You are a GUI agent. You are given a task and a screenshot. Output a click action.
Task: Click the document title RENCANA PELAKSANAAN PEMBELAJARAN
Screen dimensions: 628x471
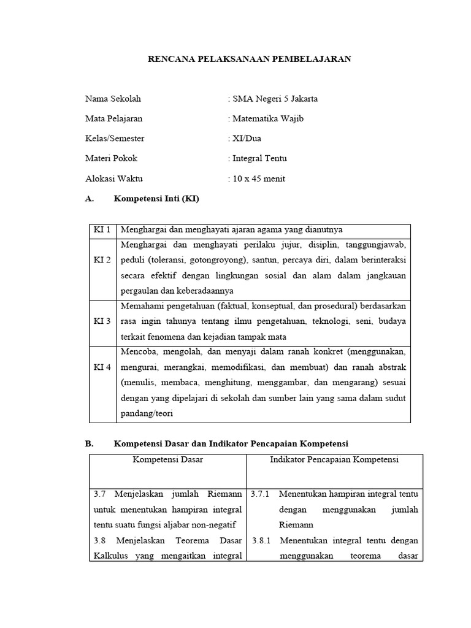coord(250,59)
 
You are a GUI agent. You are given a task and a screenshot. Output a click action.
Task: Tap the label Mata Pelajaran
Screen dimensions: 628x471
coord(113,118)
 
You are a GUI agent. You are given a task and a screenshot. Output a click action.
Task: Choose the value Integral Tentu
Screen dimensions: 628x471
coord(259,158)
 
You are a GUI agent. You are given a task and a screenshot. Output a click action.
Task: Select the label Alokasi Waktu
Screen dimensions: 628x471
coord(113,178)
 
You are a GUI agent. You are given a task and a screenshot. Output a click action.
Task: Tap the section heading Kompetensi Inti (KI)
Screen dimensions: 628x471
coord(156,199)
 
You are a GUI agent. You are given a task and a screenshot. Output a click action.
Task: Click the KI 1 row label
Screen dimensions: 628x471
coord(102,229)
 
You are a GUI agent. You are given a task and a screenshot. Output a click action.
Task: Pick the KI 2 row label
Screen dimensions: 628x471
coord(102,260)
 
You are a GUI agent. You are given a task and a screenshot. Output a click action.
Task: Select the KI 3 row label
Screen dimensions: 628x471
coord(102,321)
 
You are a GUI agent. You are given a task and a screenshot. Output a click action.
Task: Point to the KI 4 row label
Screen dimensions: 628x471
coord(102,367)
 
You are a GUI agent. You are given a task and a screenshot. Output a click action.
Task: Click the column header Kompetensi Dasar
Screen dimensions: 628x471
coord(167,459)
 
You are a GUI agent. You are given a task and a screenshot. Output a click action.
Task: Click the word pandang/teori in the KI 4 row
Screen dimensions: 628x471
coord(147,413)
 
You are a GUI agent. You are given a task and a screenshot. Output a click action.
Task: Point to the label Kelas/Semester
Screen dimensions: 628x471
coord(115,139)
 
